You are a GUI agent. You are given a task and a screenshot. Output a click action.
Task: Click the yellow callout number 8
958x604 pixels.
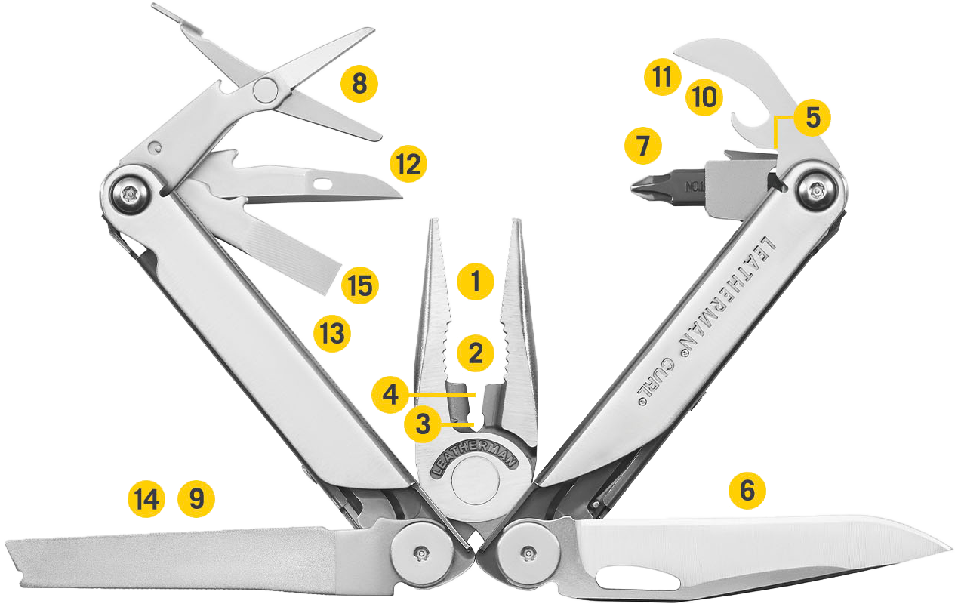coord(359,83)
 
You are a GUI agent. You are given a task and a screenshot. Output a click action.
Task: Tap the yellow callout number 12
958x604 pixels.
coord(408,164)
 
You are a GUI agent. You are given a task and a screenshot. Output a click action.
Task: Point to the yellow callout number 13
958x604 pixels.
coord(332,332)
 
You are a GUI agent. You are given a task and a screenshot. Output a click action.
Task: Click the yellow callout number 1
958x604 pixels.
coord(475,282)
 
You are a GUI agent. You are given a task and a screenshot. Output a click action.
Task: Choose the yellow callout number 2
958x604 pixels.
coord(475,353)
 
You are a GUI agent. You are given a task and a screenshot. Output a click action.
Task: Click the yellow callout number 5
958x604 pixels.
coord(812,117)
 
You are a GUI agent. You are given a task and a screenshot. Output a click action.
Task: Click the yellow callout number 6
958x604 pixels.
coord(747,490)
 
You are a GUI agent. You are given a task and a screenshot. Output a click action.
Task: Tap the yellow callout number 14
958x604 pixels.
coord(146,499)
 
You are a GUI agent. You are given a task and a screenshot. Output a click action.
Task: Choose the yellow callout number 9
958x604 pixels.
coord(196,499)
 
